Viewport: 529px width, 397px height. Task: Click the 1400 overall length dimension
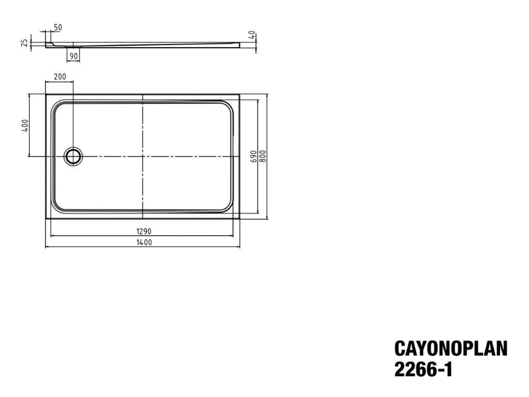tap(144, 242)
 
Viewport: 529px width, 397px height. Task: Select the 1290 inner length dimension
tap(144, 231)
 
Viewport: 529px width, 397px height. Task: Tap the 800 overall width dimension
tap(263, 156)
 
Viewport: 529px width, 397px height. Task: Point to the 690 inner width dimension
tap(254, 157)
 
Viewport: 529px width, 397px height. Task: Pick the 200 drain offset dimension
tap(60, 77)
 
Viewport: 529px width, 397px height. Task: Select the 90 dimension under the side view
tap(73, 56)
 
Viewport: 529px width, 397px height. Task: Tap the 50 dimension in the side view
tap(58, 27)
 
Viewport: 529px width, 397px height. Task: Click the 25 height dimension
tap(25, 43)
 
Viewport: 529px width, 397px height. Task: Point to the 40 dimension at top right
tap(252, 35)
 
